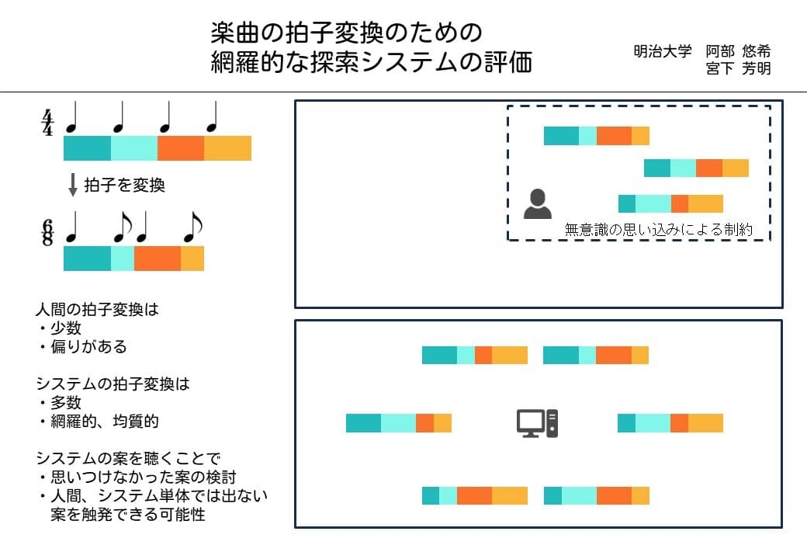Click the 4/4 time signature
coord(47,123)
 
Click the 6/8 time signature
coord(47,232)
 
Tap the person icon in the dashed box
coord(537,204)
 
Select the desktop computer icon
coord(537,423)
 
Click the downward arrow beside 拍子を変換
coord(73,186)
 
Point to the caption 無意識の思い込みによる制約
coord(658,230)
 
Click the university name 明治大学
coord(662,52)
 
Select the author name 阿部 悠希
coord(738,52)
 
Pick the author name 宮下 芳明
coord(738,69)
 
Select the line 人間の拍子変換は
coord(97,310)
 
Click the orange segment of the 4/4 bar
coord(181,148)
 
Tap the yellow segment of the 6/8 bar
coord(192,258)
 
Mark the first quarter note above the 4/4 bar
coord(71,119)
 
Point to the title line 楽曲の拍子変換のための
coord(347,33)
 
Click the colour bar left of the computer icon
coord(398,423)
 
